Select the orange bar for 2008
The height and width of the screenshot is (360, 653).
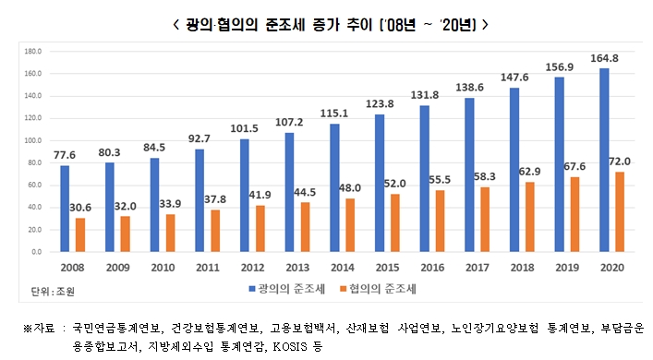79,234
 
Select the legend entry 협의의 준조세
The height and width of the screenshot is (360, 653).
406,292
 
